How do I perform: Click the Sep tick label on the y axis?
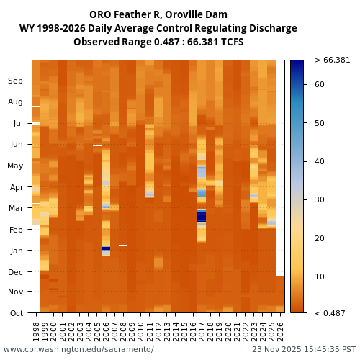pyautogui.click(x=15, y=81)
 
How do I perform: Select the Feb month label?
pyautogui.click(x=15, y=230)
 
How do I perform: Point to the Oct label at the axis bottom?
pyautogui.click(x=15, y=313)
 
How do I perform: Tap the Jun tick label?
pyautogui.click(x=15, y=144)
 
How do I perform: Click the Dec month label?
pyautogui.click(x=15, y=272)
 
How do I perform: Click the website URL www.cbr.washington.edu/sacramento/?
pyautogui.click(x=78, y=349)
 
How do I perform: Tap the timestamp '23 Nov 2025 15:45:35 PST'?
pyautogui.click(x=304, y=349)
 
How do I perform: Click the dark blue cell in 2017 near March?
pyautogui.click(x=202, y=216)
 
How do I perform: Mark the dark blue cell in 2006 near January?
pyautogui.click(x=106, y=248)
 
